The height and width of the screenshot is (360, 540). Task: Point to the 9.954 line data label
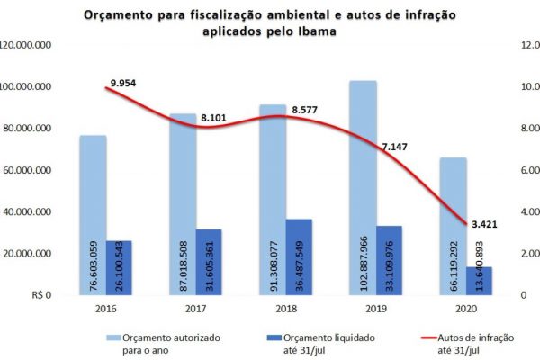122,83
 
